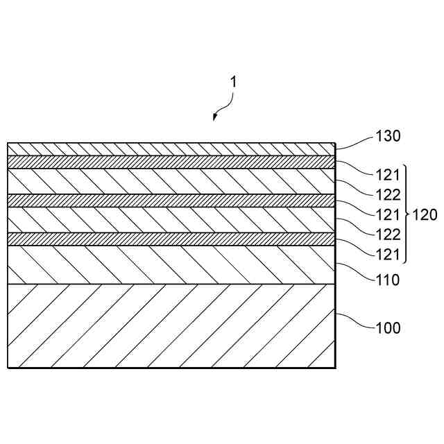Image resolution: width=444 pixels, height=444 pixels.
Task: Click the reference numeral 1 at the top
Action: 234,82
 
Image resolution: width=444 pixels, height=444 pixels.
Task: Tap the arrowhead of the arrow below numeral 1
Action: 215,119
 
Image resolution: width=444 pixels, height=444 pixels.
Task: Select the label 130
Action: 388,136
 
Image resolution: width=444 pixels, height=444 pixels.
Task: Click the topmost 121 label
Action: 388,171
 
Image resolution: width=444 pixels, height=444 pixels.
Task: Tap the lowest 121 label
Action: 388,255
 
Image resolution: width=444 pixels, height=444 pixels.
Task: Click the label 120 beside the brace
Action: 425,214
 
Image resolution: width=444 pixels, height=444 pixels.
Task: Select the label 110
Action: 388,280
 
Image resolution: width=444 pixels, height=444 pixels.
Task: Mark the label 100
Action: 388,328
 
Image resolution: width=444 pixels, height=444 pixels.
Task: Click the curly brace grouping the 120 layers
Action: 406,214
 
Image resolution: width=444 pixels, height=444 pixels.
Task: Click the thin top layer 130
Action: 171,149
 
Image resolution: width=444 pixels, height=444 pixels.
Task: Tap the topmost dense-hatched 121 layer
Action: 171,162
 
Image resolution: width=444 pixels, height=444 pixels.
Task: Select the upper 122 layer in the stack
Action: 171,181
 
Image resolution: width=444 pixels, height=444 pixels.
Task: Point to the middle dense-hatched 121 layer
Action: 171,200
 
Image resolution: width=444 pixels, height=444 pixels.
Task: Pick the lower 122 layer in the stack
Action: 171,220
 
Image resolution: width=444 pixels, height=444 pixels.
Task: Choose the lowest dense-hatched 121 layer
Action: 171,239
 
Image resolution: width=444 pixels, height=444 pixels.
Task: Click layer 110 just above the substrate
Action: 171,265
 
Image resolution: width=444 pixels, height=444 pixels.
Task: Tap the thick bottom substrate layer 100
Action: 171,325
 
